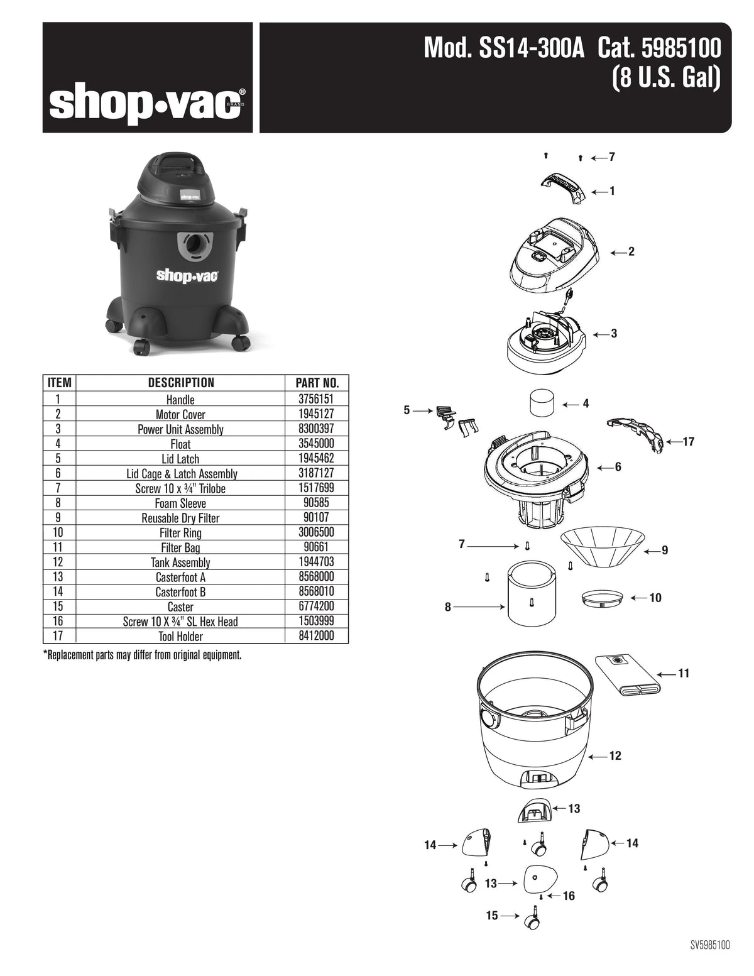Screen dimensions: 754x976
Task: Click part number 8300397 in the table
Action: coord(316,429)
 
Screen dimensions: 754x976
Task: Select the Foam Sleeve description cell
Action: coord(180,503)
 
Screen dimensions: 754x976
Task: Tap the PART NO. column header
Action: coord(317,383)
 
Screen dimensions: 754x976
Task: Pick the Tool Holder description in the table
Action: coord(180,636)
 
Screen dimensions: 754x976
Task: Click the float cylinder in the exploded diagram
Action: coord(542,403)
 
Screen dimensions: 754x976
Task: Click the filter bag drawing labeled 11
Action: coord(628,676)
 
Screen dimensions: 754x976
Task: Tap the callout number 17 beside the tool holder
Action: coord(689,442)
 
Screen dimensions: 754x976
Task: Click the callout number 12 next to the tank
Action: coord(615,756)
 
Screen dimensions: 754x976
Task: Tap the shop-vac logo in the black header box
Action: coord(147,103)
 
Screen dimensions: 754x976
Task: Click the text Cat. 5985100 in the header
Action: coord(659,48)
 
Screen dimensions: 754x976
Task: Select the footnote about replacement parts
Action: coord(143,655)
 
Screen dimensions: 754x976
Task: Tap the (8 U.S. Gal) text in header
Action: coord(667,77)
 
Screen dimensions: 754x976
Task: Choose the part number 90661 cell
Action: coord(316,547)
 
